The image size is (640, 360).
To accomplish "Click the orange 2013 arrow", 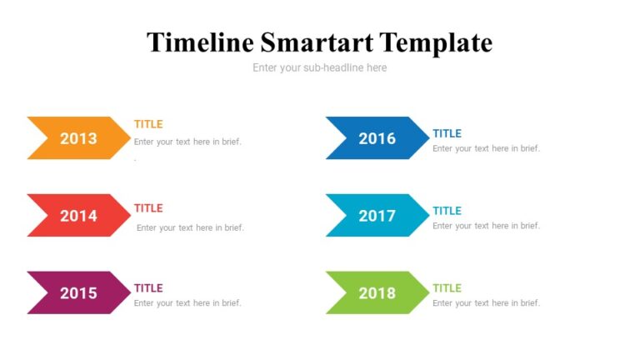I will tap(78, 138).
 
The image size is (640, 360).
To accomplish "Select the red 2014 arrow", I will tap(78, 216).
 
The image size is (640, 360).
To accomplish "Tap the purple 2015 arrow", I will tap(78, 292).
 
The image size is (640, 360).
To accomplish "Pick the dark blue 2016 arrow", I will tap(377, 138).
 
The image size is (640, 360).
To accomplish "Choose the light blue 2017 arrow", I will tap(377, 216).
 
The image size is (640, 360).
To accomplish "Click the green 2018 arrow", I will tap(377, 292).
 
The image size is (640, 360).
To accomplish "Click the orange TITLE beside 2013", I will tap(148, 124).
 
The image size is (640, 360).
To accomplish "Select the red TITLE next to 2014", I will tap(148, 208).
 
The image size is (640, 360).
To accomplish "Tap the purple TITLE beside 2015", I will tap(148, 288).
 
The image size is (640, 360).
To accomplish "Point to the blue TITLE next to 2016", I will tap(447, 133).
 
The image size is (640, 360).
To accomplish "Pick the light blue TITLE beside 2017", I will tap(447, 211).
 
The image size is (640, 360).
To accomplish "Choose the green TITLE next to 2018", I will tap(447, 288).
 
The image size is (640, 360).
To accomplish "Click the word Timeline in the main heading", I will tap(199, 42).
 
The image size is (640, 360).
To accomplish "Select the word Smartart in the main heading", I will tap(317, 42).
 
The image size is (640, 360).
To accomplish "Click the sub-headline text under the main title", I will tap(320, 67).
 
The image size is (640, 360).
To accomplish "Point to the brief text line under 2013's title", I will tap(187, 142).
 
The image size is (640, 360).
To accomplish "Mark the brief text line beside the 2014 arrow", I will tap(190, 227).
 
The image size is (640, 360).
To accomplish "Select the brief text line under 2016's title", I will tap(486, 148).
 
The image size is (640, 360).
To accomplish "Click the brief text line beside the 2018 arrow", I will tap(486, 302).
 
